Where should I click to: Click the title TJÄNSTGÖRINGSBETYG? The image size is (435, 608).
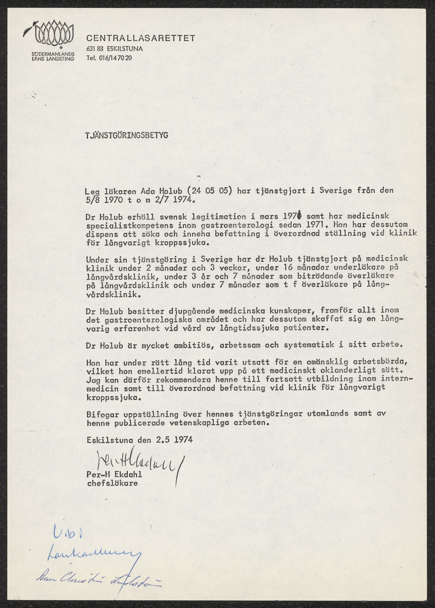[x=126, y=135]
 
